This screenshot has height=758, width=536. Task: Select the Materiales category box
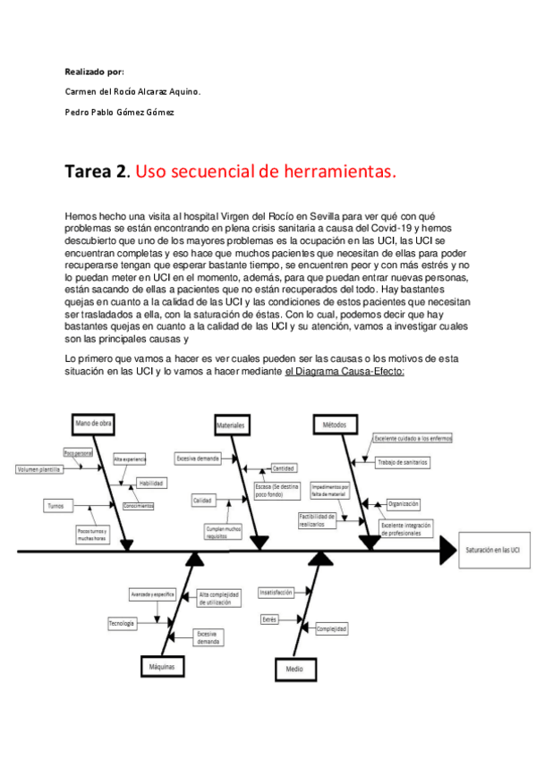(x=232, y=426)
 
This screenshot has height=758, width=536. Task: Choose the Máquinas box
(x=162, y=666)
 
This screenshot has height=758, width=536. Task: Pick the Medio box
(x=294, y=668)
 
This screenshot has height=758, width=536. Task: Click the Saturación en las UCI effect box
(x=492, y=552)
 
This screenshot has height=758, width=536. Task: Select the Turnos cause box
(x=55, y=506)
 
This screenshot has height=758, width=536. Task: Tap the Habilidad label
(x=150, y=483)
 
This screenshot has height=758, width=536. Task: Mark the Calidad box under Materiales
(x=202, y=501)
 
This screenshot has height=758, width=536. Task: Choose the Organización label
(x=403, y=504)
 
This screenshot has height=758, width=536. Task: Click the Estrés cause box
(x=269, y=619)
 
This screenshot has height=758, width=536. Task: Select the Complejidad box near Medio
(x=330, y=629)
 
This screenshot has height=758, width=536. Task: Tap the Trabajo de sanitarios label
(x=402, y=462)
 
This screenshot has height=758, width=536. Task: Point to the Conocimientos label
(x=138, y=506)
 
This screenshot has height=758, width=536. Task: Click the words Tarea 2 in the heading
(x=94, y=171)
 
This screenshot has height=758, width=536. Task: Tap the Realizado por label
(x=94, y=71)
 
